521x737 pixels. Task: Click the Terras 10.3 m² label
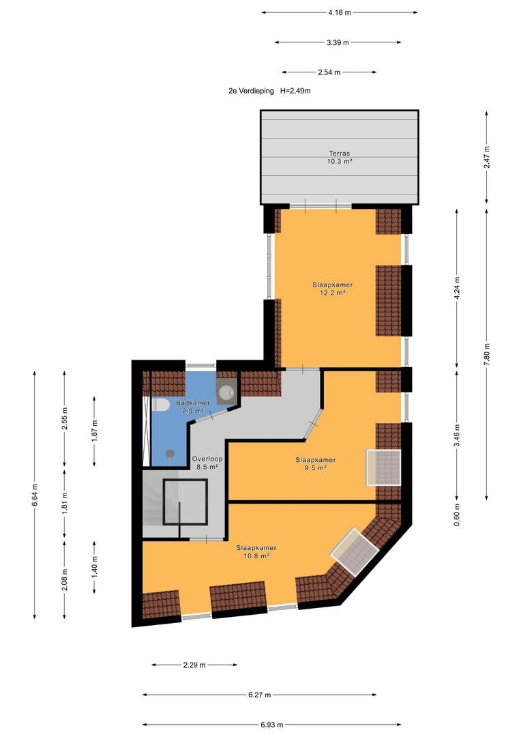point(339,157)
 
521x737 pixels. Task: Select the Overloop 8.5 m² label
point(207,463)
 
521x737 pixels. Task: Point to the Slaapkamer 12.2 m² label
point(332,289)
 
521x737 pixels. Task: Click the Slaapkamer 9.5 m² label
point(315,464)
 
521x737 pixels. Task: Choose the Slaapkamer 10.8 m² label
point(256,552)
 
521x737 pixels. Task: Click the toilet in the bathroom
point(160,405)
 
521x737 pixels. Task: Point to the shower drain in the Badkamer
point(170,453)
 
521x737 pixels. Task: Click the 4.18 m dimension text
point(339,13)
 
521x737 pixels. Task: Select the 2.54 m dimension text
point(329,72)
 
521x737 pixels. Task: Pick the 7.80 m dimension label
point(487,349)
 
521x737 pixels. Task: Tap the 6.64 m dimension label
point(35,495)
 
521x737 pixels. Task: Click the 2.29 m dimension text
point(194,665)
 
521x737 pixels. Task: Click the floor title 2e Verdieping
point(251,91)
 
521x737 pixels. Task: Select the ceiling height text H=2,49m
point(295,91)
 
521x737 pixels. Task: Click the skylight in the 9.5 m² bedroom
point(383,467)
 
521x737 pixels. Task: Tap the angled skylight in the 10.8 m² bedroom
point(355,552)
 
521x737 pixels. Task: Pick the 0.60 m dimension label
point(457,515)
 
